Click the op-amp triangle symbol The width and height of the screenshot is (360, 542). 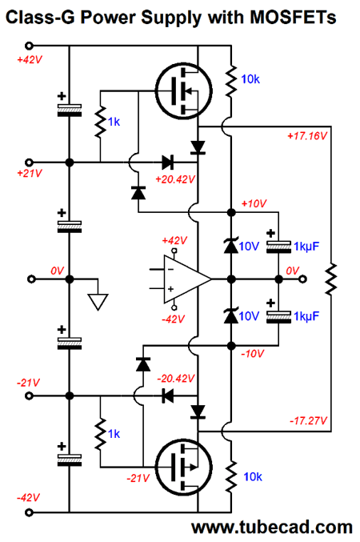(x=187, y=279)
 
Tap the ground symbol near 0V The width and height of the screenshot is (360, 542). (x=98, y=302)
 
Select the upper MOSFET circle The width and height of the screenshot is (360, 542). (x=183, y=91)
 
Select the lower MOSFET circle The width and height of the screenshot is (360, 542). (x=183, y=468)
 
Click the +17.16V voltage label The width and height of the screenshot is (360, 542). (x=306, y=136)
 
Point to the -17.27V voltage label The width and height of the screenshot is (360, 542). (x=308, y=420)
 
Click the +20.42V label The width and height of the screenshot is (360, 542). (x=175, y=179)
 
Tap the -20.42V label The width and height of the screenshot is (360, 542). (x=176, y=379)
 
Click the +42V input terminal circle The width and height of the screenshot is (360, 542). (x=30, y=46)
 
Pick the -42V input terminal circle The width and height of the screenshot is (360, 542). (x=30, y=512)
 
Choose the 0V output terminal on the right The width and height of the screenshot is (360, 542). (x=302, y=279)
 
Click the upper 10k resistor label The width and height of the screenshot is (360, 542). (x=250, y=79)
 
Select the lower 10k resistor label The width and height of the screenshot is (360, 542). (x=253, y=476)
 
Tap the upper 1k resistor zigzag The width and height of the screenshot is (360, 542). (x=100, y=122)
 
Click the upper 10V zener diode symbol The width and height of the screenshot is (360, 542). (x=231, y=246)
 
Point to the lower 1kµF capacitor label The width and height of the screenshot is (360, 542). (x=306, y=316)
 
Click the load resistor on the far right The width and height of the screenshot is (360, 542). (x=331, y=279)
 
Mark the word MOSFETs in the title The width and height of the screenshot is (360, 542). (x=293, y=17)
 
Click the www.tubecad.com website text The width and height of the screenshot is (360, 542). (x=272, y=528)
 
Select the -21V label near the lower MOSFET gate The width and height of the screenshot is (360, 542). (x=138, y=478)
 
